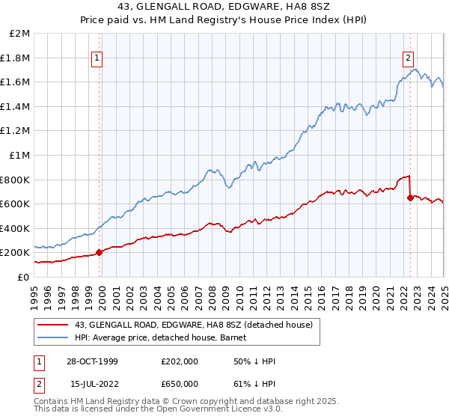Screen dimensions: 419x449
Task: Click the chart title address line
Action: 224,8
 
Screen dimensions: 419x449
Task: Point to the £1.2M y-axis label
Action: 16,131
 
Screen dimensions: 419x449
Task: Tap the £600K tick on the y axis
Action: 15,204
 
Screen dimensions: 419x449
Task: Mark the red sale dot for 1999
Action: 100,252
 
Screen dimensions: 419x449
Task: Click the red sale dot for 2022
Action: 409,198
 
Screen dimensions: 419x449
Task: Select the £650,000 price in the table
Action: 179,384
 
